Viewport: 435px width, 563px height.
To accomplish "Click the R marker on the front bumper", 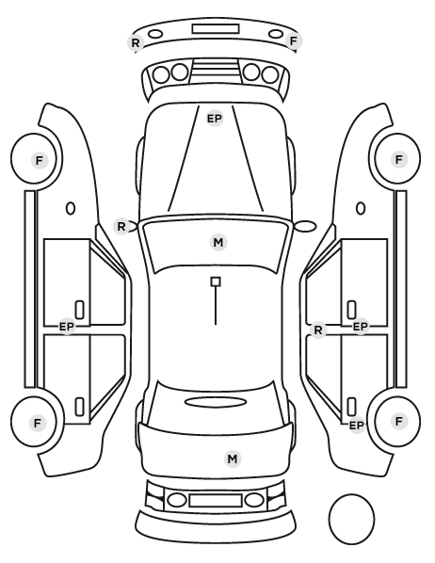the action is [x=136, y=43].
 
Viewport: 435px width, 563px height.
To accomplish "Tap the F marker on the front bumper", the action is [x=294, y=41].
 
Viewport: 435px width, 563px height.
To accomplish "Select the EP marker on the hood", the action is [x=215, y=119].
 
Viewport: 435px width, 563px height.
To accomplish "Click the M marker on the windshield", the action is [x=218, y=243].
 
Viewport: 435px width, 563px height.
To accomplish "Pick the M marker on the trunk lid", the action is [x=233, y=458].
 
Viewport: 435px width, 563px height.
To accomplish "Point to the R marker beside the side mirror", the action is [x=121, y=227].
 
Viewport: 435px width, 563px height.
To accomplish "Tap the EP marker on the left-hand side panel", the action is [x=67, y=327].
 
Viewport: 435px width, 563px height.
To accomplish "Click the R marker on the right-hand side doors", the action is [x=318, y=330].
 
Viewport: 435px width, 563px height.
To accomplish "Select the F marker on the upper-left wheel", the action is [x=40, y=160].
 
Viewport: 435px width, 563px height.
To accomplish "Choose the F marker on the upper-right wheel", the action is [x=398, y=159].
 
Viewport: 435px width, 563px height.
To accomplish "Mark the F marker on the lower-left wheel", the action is [x=38, y=423].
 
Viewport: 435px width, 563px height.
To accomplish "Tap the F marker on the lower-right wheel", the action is [x=398, y=421].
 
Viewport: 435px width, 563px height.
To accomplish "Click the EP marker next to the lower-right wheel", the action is [x=357, y=426].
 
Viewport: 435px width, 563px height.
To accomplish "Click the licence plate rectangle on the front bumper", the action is [x=216, y=29].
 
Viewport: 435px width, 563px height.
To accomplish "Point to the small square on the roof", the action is [x=216, y=281].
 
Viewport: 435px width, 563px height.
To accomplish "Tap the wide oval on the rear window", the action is [x=216, y=402].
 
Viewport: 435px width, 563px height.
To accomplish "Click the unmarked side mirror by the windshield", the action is [x=305, y=226].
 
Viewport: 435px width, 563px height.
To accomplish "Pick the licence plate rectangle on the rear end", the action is [x=216, y=500].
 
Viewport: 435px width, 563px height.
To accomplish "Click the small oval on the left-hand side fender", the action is [x=71, y=208].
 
